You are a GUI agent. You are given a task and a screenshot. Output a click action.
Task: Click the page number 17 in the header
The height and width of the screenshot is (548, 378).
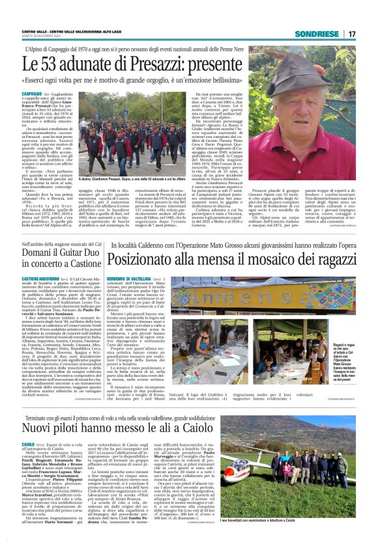click(351, 34)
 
